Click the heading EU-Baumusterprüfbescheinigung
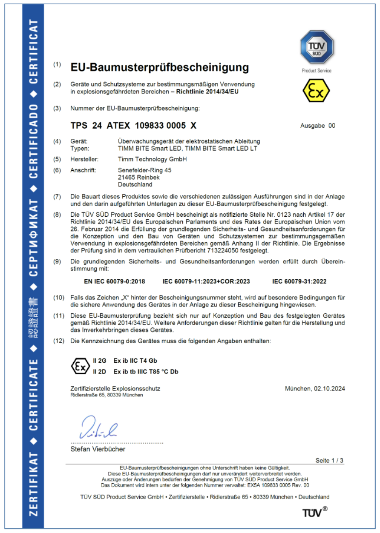(x=159, y=67)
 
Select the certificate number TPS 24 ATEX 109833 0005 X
(x=133, y=126)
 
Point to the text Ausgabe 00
(x=318, y=126)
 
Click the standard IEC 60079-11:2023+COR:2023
(x=206, y=281)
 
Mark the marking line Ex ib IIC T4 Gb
(x=135, y=360)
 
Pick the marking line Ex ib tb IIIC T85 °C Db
(x=146, y=371)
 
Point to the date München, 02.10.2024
(x=315, y=388)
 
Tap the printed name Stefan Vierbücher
(x=98, y=449)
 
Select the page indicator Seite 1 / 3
(x=329, y=460)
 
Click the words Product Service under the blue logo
(x=317, y=71)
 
